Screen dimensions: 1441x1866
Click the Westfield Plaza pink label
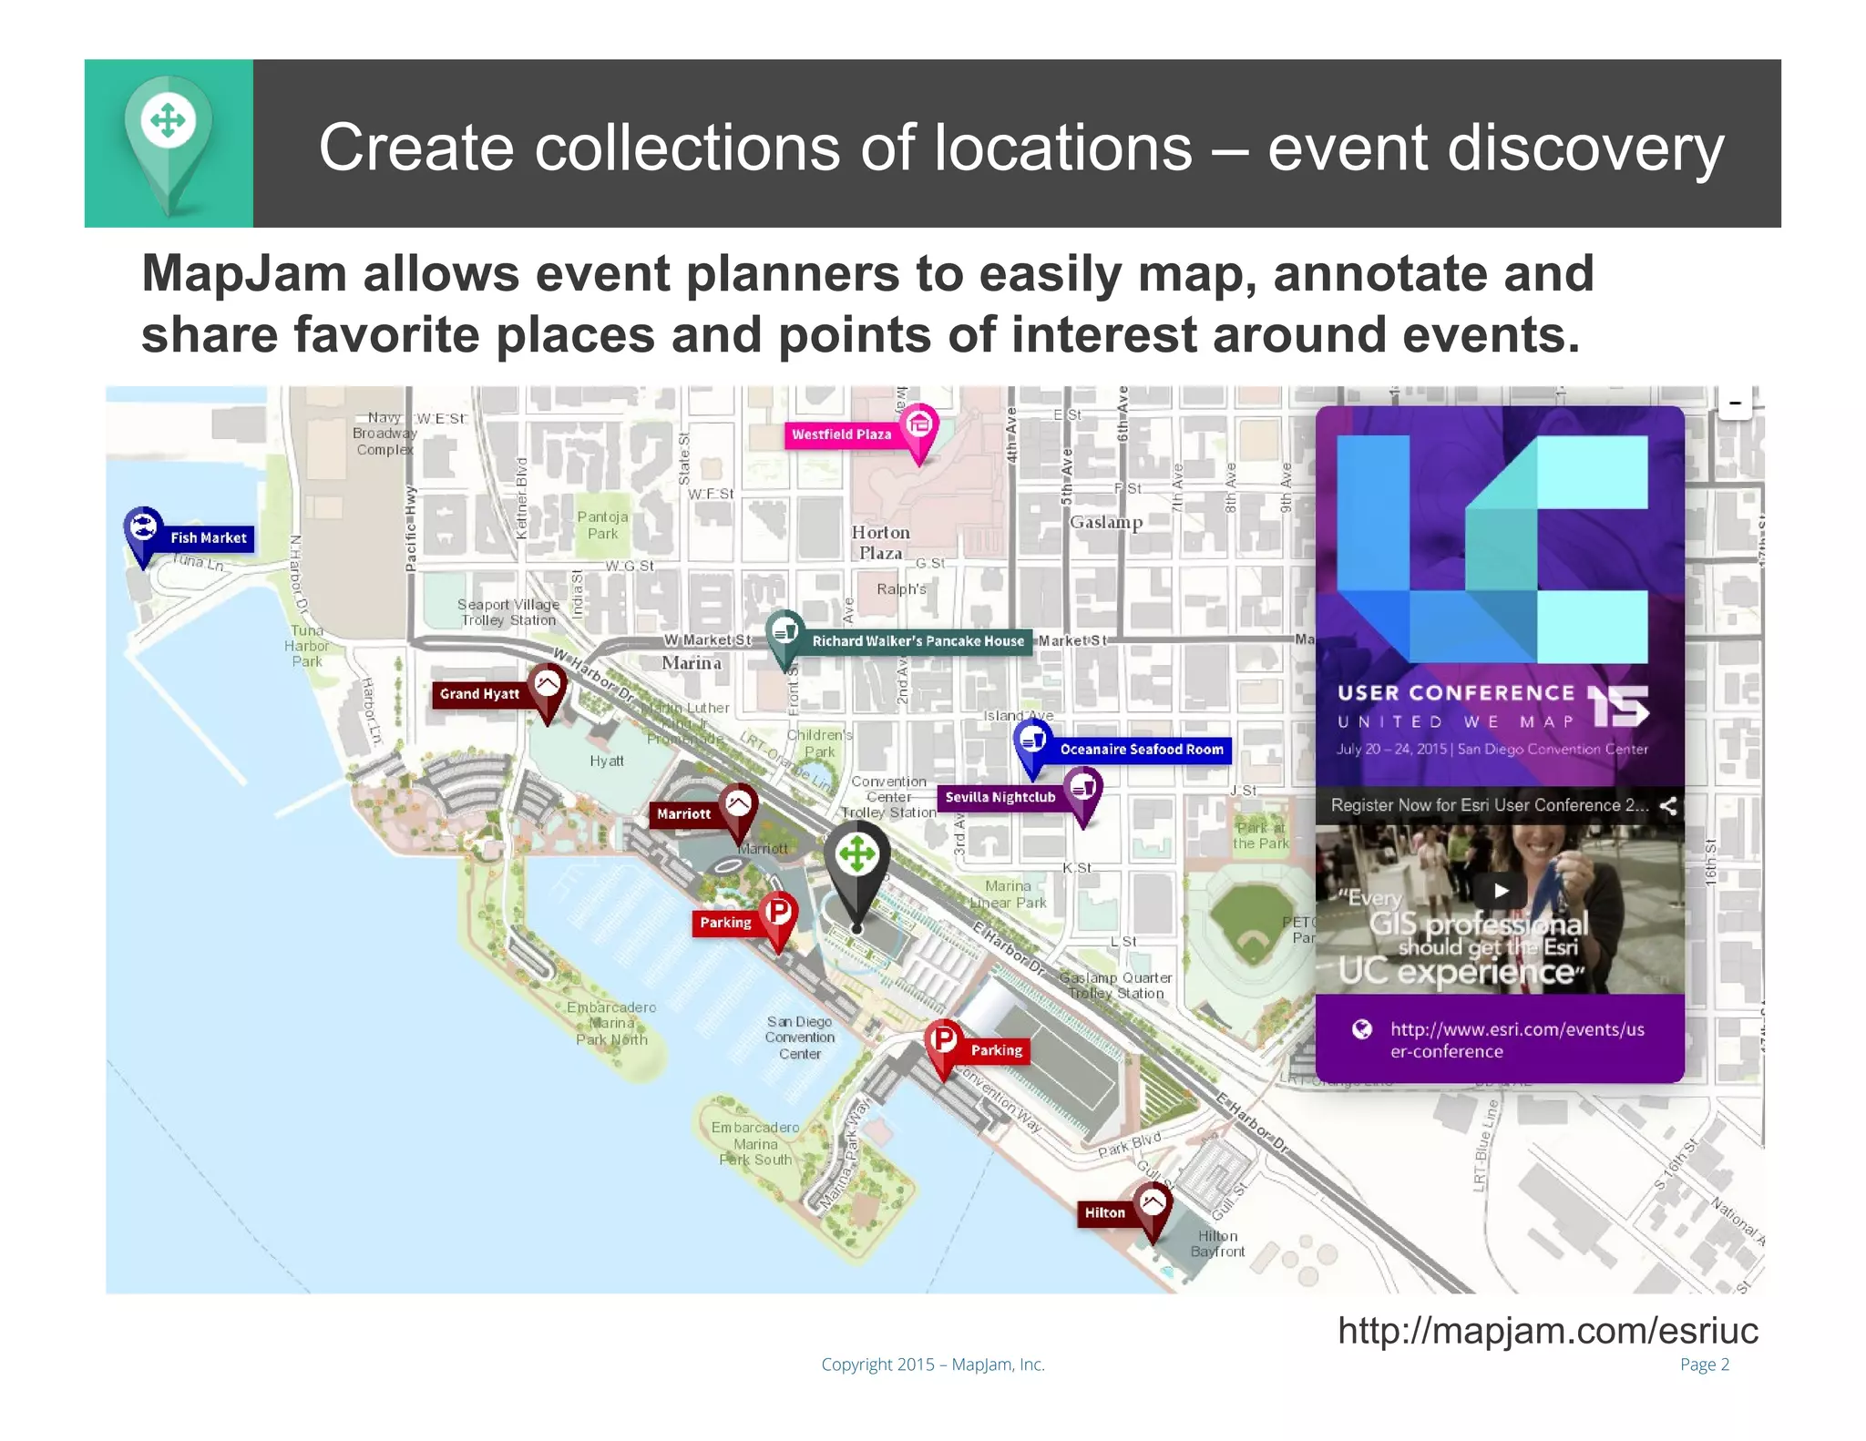pyautogui.click(x=841, y=434)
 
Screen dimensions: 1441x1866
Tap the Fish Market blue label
pyautogui.click(x=208, y=537)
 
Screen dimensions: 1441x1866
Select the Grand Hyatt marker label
pyautogui.click(x=479, y=694)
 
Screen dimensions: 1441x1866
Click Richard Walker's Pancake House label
pyautogui.click(x=918, y=641)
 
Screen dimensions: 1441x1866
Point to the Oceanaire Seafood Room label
pyautogui.click(x=1141, y=750)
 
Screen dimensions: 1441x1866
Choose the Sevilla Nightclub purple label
pyautogui.click(x=1000, y=797)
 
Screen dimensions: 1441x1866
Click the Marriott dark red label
pyautogui.click(x=683, y=814)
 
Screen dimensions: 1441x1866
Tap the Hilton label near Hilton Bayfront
pyautogui.click(x=1104, y=1212)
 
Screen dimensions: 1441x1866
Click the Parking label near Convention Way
pyautogui.click(x=996, y=1050)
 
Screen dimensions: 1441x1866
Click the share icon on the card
pyautogui.click(x=1667, y=805)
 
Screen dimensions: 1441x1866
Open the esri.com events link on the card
pyautogui.click(x=1516, y=1039)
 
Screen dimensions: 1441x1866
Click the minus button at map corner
pyautogui.click(x=1735, y=403)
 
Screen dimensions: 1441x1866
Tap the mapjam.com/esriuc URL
pyautogui.click(x=1547, y=1330)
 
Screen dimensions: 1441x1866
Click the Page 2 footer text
pyautogui.click(x=1704, y=1364)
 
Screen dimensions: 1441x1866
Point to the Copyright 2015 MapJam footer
pyautogui.click(x=932, y=1364)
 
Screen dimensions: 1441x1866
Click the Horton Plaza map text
pyautogui.click(x=880, y=543)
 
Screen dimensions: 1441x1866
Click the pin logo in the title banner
pyautogui.click(x=169, y=137)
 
